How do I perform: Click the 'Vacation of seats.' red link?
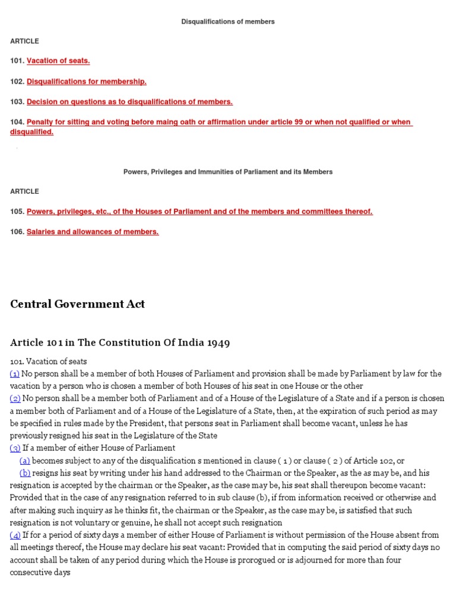(x=58, y=61)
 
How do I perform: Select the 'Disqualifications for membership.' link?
(x=86, y=81)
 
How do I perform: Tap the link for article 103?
(x=129, y=102)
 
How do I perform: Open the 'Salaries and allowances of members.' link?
(x=93, y=232)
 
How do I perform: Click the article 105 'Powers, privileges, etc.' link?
(x=199, y=212)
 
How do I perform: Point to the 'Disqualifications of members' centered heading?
(x=228, y=22)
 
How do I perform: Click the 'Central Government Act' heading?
(x=77, y=305)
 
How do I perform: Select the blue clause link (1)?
(x=15, y=373)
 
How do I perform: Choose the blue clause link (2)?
(x=15, y=398)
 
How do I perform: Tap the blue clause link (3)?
(x=15, y=448)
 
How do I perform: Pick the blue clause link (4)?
(x=15, y=535)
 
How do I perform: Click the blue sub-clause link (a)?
(x=25, y=461)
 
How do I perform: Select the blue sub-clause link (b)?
(x=25, y=473)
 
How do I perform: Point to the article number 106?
(x=17, y=232)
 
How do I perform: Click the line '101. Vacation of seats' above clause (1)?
(x=48, y=361)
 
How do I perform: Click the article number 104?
(x=17, y=122)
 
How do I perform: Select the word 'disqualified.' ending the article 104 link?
(x=31, y=132)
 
